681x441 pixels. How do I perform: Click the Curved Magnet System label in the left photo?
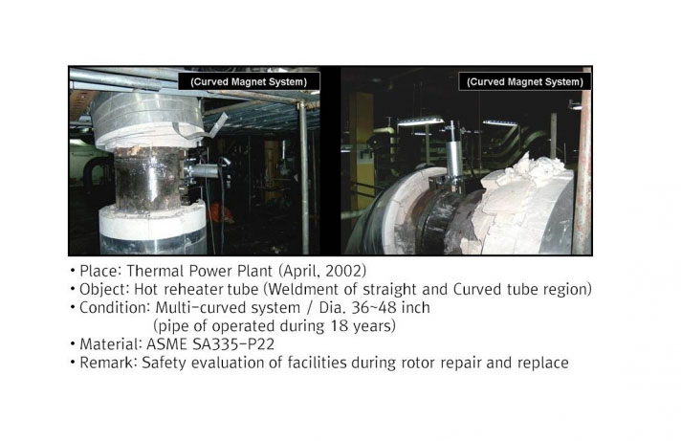(x=249, y=81)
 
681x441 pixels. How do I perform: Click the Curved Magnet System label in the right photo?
(x=525, y=81)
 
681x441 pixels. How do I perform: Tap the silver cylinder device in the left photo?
(x=204, y=170)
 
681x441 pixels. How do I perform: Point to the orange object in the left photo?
(x=220, y=213)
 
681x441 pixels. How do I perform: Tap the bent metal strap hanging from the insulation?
(x=208, y=126)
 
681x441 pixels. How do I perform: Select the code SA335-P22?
(x=233, y=344)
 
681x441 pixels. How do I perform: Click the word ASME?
(x=166, y=344)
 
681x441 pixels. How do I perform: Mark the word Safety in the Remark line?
(x=164, y=363)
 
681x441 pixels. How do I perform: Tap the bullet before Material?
(x=73, y=343)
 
